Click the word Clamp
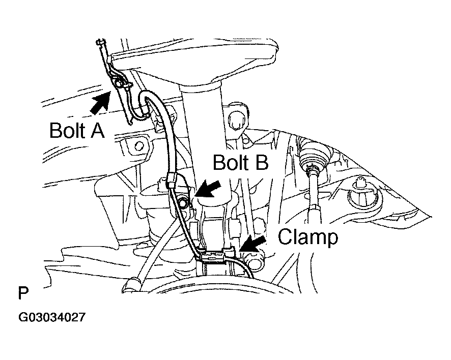307,237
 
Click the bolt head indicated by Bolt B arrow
183,204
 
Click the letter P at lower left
23,294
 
